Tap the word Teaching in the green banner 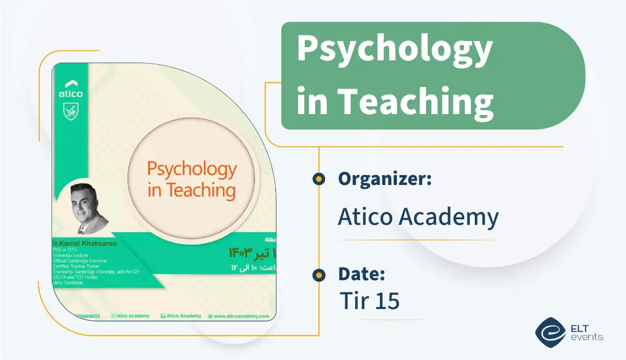click(x=415, y=101)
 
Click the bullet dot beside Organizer click(x=319, y=178)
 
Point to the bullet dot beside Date click(x=319, y=275)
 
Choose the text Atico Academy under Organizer click(x=418, y=217)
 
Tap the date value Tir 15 click(x=370, y=301)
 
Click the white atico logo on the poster click(x=70, y=89)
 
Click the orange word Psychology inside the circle click(x=192, y=169)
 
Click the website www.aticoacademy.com click(x=242, y=316)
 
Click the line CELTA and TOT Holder click(x=75, y=277)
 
